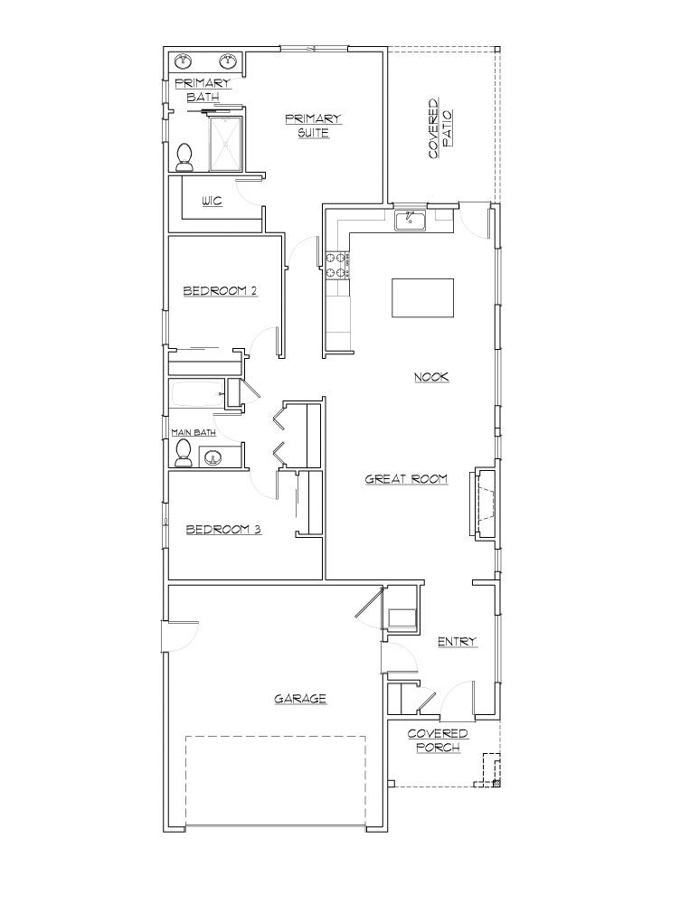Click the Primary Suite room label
tap(312, 126)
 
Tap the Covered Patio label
tap(440, 129)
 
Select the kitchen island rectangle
tap(422, 297)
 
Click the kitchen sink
tap(411, 219)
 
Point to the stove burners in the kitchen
tap(336, 265)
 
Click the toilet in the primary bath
tap(185, 157)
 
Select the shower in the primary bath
tap(226, 144)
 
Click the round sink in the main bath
tap(215, 457)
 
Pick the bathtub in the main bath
tap(197, 395)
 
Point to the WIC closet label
tap(213, 201)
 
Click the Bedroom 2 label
tap(221, 291)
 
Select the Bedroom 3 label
tap(223, 530)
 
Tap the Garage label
tap(299, 698)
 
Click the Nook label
tap(431, 377)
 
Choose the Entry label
tap(457, 642)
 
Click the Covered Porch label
tap(438, 740)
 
